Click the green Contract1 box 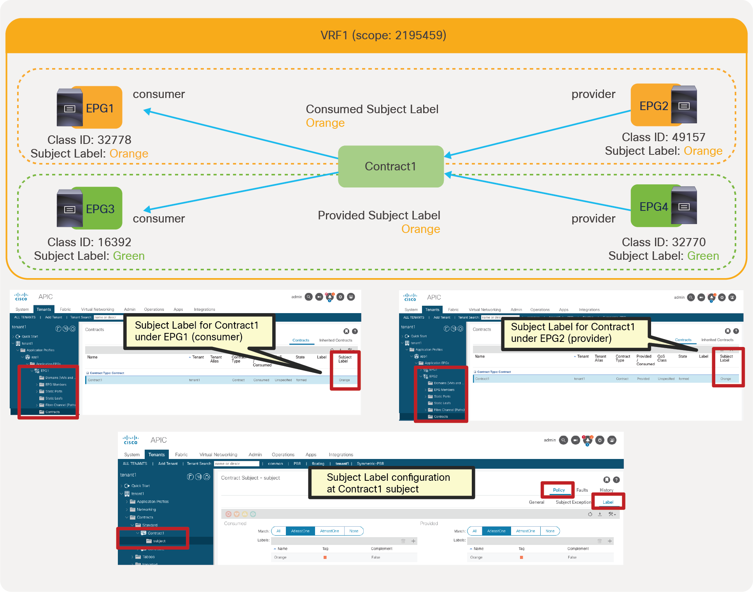click(x=391, y=166)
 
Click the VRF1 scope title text click(x=383, y=35)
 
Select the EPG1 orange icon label click(x=100, y=108)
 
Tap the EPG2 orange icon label click(x=653, y=106)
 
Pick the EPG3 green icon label click(x=100, y=209)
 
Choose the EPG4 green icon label click(x=653, y=207)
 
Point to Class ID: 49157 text click(x=663, y=137)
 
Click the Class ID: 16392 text click(x=89, y=242)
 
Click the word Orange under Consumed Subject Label click(x=325, y=123)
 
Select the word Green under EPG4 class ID click(x=703, y=256)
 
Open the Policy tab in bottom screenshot click(x=559, y=490)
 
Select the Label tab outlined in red click(x=608, y=502)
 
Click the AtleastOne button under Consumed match click(x=300, y=531)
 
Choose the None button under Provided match click(x=550, y=531)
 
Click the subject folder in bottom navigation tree click(x=159, y=541)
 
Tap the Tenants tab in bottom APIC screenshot click(x=156, y=455)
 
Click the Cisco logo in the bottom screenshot click(x=131, y=440)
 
